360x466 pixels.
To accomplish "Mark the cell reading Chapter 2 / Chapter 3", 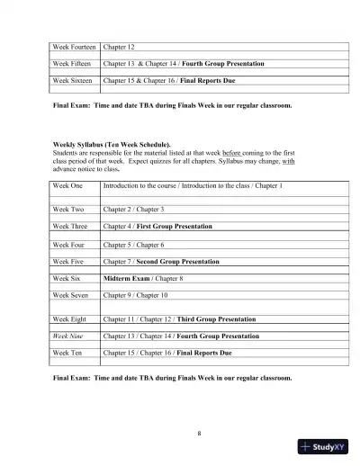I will pos(132,209).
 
